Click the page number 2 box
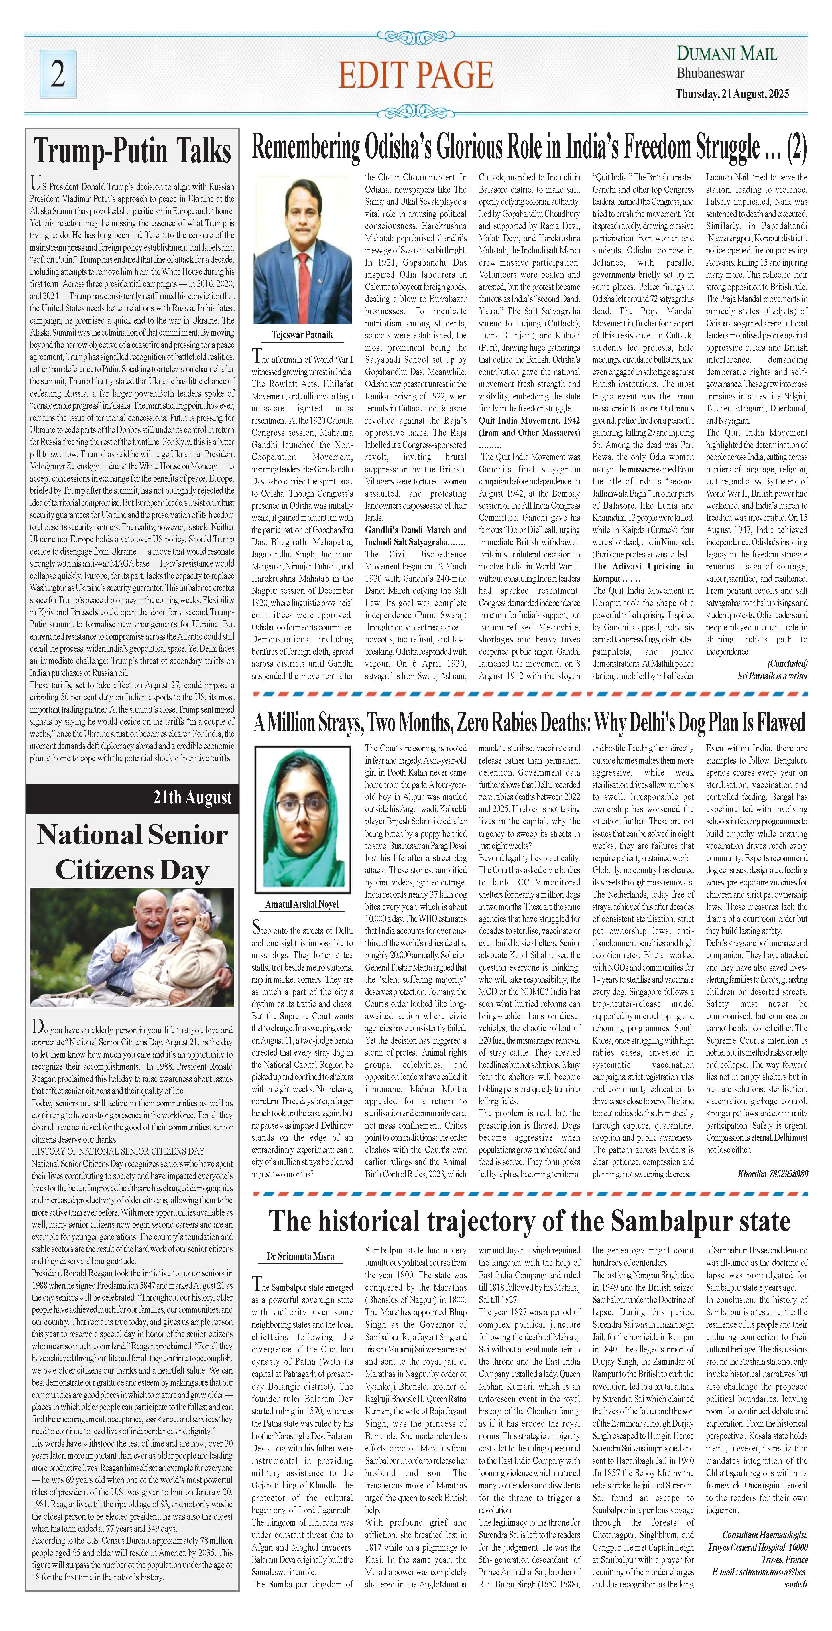click(58, 74)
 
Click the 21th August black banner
click(132, 798)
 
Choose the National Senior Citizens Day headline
click(132, 852)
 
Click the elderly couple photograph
click(132, 947)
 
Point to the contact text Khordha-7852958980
click(772, 1173)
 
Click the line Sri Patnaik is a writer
click(772, 676)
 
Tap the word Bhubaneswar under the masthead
click(711, 74)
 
